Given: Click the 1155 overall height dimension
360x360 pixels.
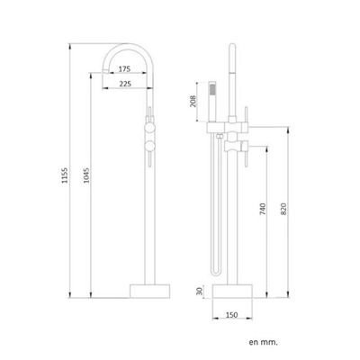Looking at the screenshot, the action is [65, 175].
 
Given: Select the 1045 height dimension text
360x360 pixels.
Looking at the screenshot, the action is [86, 175].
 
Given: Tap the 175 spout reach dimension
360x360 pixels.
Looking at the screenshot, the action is [124, 69].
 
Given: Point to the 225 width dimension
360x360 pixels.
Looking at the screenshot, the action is [125, 84].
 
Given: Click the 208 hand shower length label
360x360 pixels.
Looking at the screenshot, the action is [193, 101].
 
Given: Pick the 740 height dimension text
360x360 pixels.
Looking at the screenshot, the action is [263, 209].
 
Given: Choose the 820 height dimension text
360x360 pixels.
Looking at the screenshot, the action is [283, 209].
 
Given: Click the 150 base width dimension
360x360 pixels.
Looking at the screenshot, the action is [232, 315].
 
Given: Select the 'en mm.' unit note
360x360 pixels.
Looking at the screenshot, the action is [263, 342].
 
